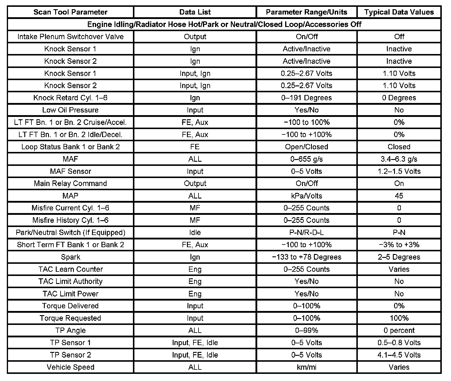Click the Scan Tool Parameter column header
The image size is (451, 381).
(x=70, y=12)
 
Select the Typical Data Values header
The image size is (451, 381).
(x=399, y=12)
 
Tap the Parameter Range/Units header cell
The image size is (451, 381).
(x=307, y=12)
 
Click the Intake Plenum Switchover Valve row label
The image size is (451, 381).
(x=70, y=36)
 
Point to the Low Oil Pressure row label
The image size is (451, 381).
(x=70, y=110)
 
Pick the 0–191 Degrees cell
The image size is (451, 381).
(x=307, y=98)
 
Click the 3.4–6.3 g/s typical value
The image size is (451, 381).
(x=399, y=159)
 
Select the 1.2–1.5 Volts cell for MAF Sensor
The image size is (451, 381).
(x=399, y=171)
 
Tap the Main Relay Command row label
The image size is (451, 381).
(x=70, y=183)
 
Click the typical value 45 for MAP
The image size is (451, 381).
(x=399, y=196)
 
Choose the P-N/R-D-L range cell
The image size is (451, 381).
(x=307, y=232)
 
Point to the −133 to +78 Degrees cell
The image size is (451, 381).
(x=307, y=257)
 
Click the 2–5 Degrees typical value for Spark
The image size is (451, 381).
(x=399, y=257)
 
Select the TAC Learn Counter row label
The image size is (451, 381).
(x=70, y=269)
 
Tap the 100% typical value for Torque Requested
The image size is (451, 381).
(x=399, y=318)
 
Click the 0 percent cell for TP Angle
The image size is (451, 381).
(x=399, y=330)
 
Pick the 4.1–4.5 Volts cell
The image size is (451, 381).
(x=399, y=355)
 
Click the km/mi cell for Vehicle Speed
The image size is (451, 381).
(x=307, y=367)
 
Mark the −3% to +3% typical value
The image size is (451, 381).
(x=399, y=245)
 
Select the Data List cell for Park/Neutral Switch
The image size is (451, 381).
(x=195, y=232)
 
